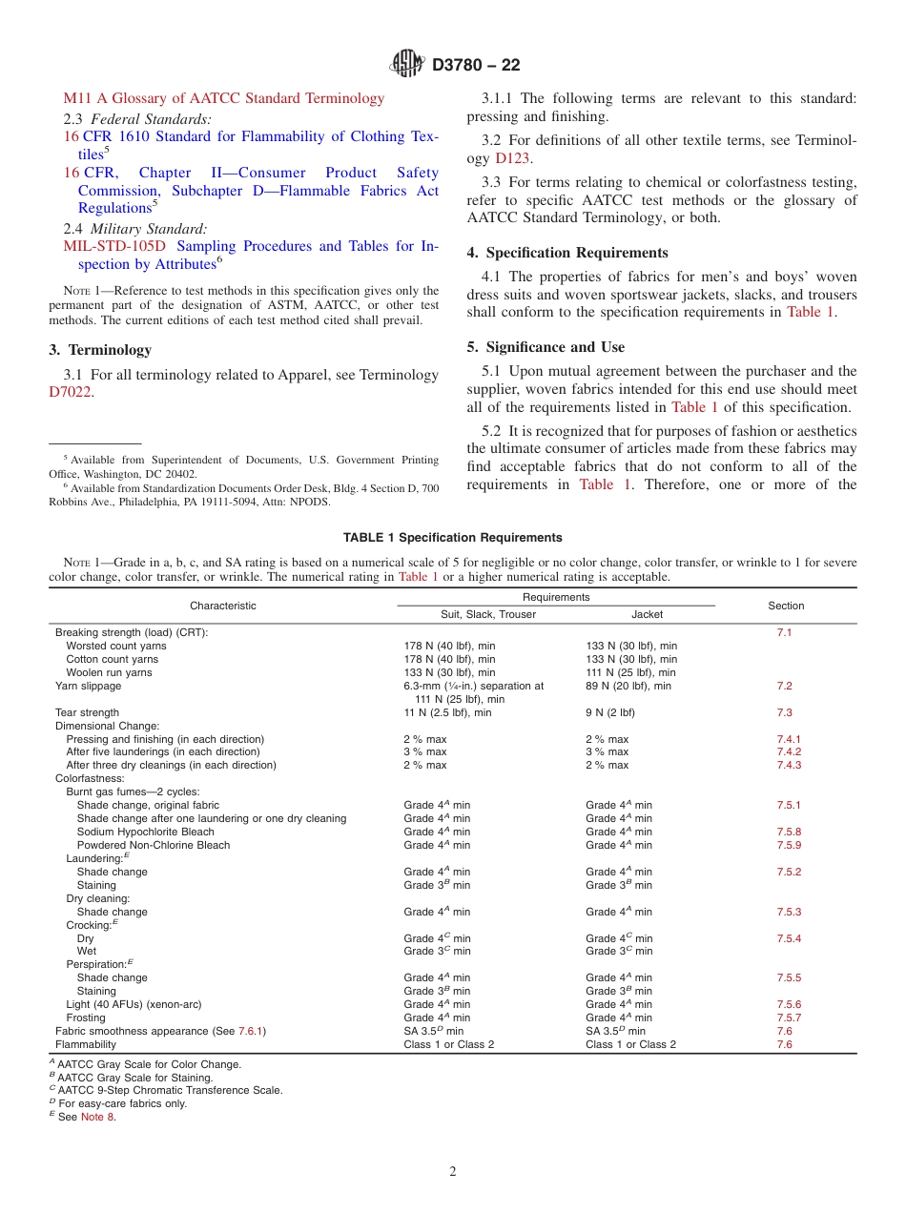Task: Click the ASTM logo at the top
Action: tap(408, 65)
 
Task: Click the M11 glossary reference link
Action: tap(223, 98)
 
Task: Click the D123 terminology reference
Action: tap(512, 158)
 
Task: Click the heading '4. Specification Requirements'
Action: tap(566, 253)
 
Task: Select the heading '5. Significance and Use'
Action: tap(546, 347)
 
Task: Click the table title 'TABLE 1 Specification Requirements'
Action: tap(452, 538)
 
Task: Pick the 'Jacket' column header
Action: tap(647, 614)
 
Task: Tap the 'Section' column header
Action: tap(786, 606)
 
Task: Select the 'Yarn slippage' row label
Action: tap(88, 686)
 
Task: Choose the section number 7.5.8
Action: tap(789, 832)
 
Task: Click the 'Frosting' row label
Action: tap(86, 1018)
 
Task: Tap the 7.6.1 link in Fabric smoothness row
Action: tap(251, 1031)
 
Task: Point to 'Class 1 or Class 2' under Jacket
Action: tap(630, 1044)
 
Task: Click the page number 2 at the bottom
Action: tap(453, 1172)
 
